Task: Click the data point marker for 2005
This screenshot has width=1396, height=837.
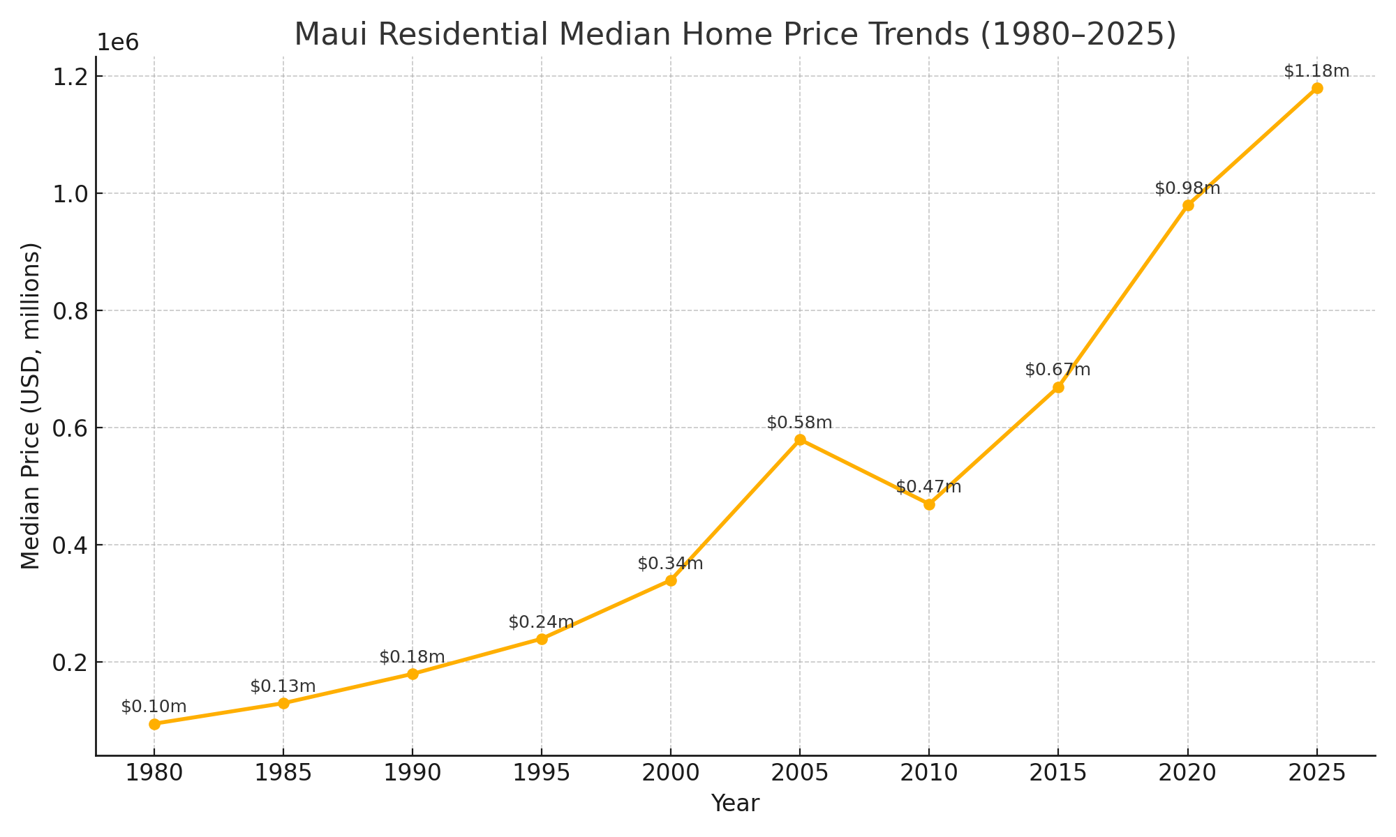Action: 800,439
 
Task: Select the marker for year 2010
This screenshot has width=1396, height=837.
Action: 929,504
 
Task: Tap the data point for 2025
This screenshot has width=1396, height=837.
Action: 1317,88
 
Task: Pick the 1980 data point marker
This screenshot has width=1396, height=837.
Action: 154,724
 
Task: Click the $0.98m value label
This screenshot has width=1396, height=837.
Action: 1187,188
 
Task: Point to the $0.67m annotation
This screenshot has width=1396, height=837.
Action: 1057,370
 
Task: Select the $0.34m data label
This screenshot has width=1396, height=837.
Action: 670,564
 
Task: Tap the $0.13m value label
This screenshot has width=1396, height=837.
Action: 283,686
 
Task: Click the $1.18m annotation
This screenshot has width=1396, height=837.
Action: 1316,71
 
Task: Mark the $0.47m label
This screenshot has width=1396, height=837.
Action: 928,487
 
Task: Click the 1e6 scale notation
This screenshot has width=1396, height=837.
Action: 117,43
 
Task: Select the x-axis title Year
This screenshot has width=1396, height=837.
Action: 735,804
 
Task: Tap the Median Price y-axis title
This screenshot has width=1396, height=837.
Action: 31,405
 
